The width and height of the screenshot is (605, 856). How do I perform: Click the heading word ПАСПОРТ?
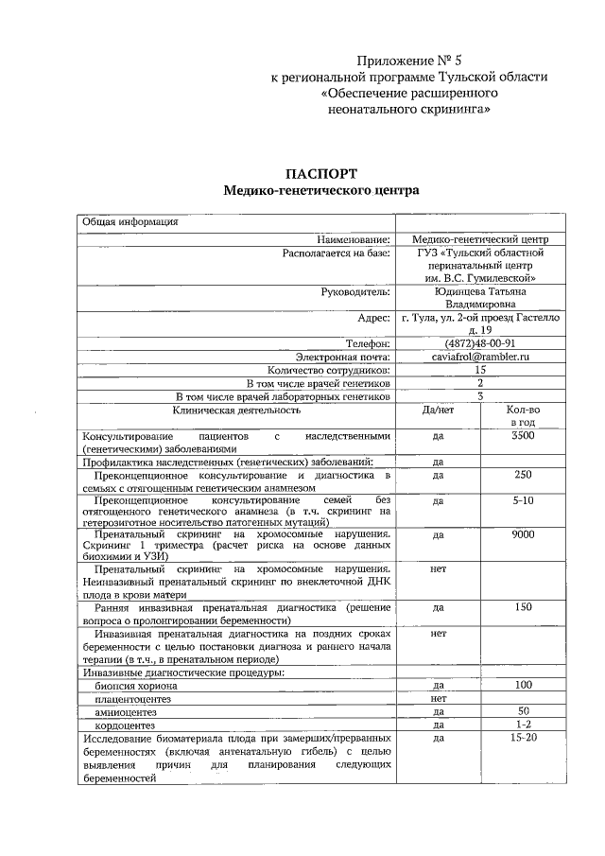(x=320, y=173)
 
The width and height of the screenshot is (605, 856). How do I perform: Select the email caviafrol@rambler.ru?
(x=479, y=357)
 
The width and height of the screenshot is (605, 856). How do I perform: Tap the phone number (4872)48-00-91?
(x=479, y=343)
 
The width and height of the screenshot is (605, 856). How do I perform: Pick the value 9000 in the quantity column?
(x=522, y=534)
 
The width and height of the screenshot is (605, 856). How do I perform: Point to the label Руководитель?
(x=355, y=292)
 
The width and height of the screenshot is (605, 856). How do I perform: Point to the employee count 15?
(x=479, y=370)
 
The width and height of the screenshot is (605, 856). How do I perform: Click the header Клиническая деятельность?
(x=236, y=411)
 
